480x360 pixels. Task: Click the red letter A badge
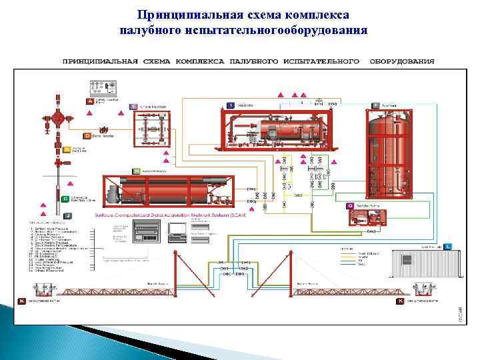(90, 101)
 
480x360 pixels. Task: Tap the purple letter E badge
(134, 107)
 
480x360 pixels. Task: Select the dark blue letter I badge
(231, 105)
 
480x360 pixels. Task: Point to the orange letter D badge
(67, 135)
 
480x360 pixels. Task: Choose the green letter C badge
(66, 199)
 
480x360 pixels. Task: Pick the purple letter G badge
(349, 207)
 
